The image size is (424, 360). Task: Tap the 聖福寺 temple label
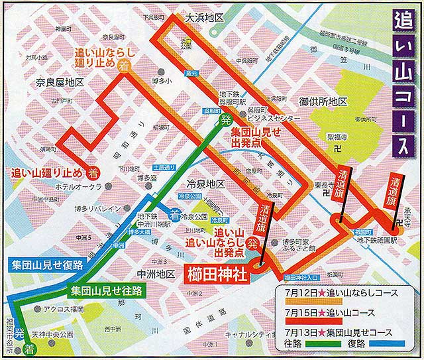(337, 137)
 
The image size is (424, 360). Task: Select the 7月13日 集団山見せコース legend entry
(336, 332)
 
